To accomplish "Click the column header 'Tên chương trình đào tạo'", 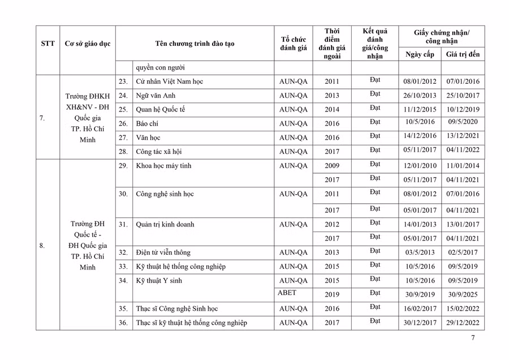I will [x=195, y=44].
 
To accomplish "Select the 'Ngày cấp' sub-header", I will [x=419, y=54].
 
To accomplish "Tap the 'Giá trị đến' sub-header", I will [x=462, y=54].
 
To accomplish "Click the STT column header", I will [x=48, y=44].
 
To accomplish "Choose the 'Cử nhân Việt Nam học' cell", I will [x=169, y=82].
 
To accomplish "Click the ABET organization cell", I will [x=287, y=293].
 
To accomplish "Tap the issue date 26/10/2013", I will [x=420, y=96].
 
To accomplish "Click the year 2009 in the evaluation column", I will [x=332, y=166].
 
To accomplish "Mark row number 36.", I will [x=123, y=323].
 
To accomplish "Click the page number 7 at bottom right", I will [x=473, y=338].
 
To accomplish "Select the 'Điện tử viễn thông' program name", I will [x=163, y=252].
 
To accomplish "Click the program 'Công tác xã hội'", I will [x=159, y=152].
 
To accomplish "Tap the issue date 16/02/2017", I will [x=420, y=309].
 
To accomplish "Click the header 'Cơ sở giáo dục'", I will [x=88, y=44].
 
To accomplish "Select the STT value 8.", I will [x=42, y=246].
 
